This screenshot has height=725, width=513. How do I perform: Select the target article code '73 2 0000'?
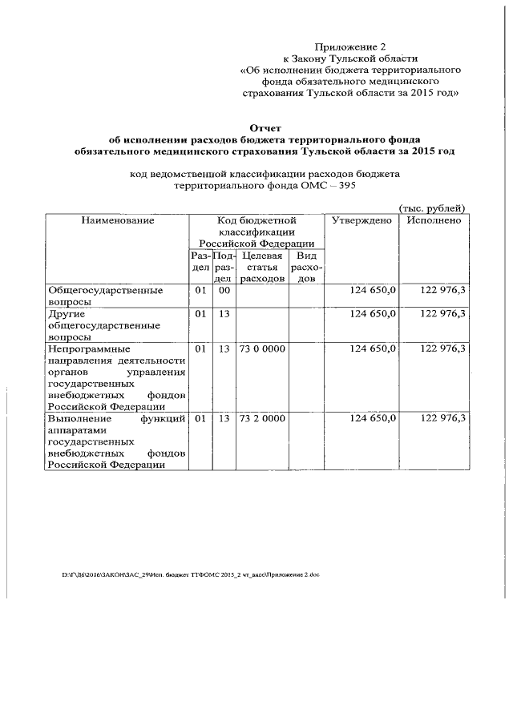click(262, 418)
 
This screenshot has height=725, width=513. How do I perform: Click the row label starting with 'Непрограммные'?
click(117, 377)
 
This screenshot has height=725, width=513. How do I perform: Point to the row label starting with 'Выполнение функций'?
click(117, 441)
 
